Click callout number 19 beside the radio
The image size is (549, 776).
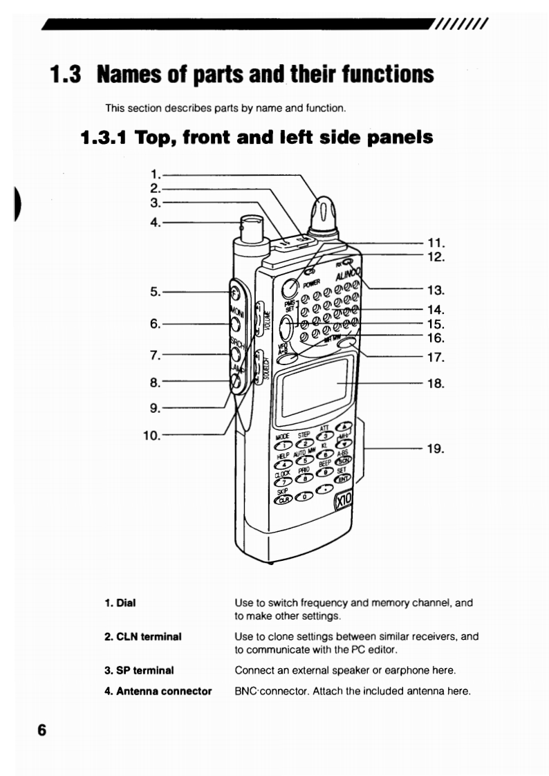(x=435, y=449)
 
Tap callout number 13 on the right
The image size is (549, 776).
(x=435, y=289)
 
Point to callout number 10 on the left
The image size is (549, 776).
(x=151, y=435)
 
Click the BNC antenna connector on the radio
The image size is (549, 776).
(x=247, y=230)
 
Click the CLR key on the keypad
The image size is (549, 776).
(x=282, y=502)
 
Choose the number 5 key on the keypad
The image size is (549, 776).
(x=301, y=462)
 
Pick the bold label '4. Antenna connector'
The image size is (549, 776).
(x=158, y=690)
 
